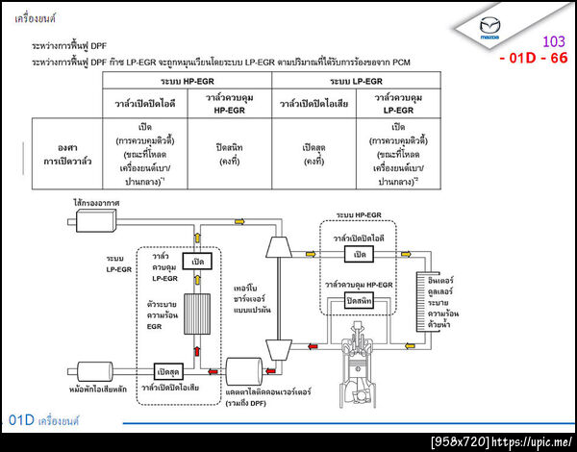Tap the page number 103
tap(554, 42)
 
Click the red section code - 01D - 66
tap(534, 59)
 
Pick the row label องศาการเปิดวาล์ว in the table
tap(66, 154)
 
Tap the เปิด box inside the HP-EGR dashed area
tap(361, 253)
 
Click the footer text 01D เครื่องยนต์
tap(43, 421)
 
